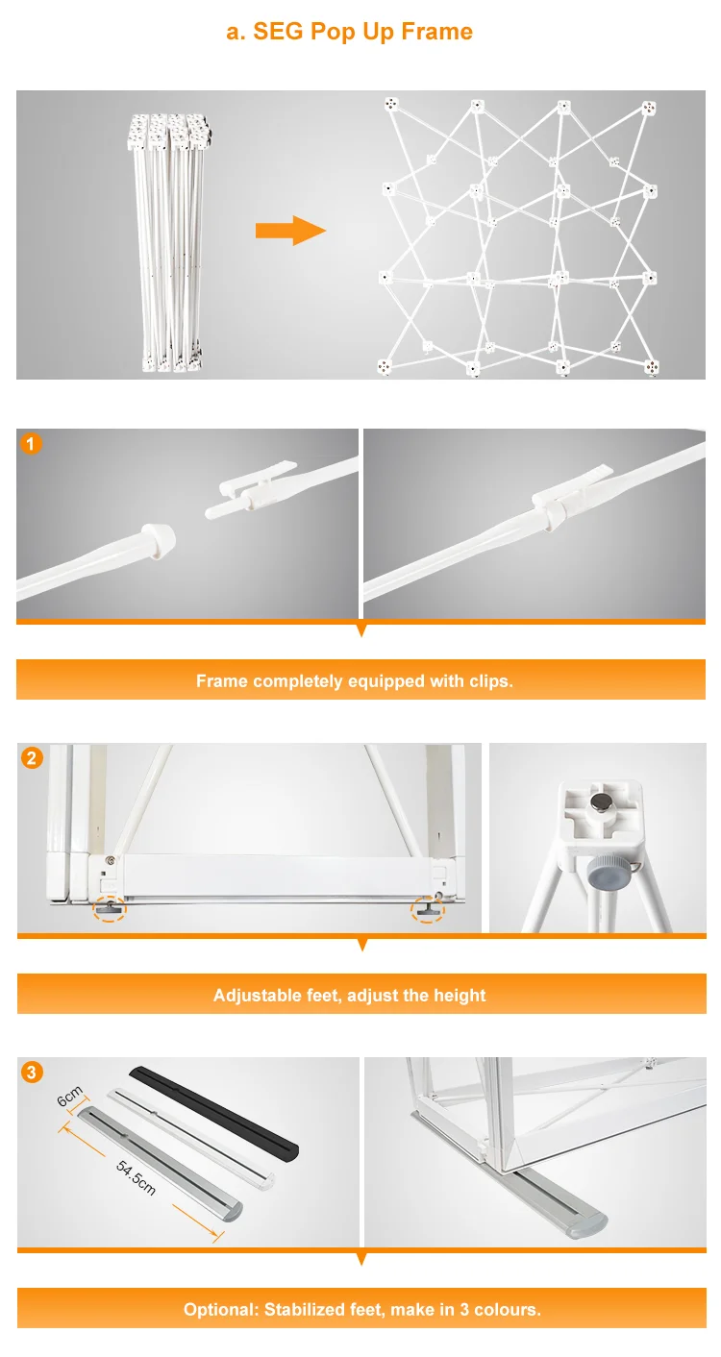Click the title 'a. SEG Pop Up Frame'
tap(349, 32)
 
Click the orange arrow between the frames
tap(290, 231)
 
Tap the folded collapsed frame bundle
tap(169, 242)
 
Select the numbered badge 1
tap(31, 443)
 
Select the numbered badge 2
tap(32, 758)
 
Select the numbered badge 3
tap(32, 1073)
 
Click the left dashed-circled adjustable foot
tap(110, 908)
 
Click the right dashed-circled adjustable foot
tap(428, 909)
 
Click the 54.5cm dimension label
tap(136, 1177)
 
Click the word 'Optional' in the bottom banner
tap(221, 1310)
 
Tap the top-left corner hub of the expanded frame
tap(391, 106)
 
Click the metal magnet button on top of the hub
tap(598, 802)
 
